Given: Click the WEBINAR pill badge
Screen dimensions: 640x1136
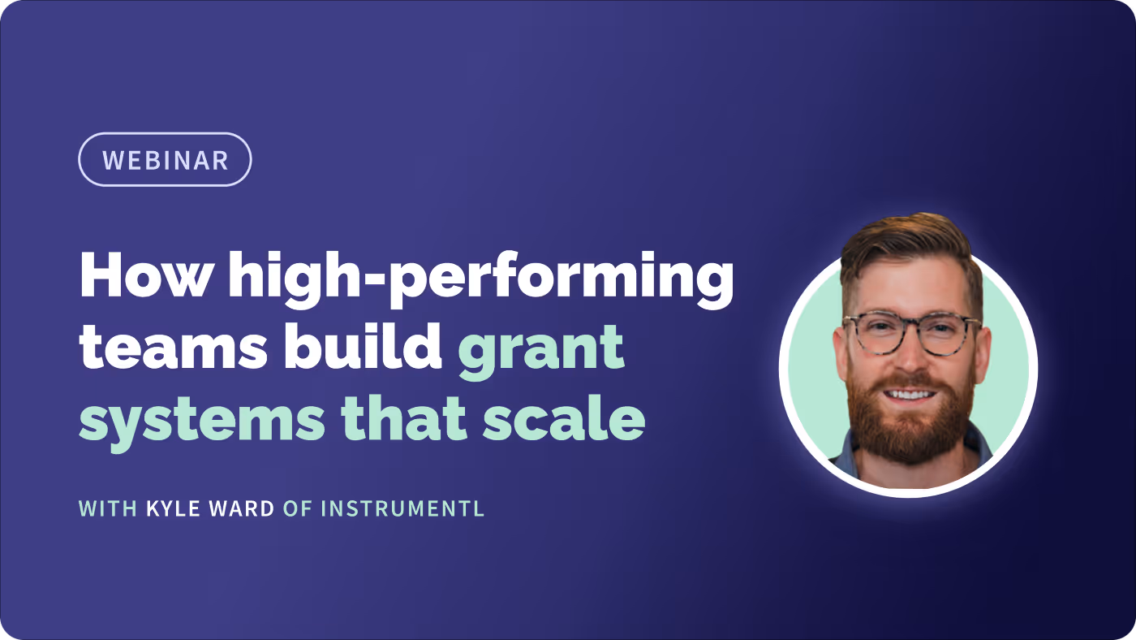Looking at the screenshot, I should (165, 159).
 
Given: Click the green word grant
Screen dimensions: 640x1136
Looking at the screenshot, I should (541, 349).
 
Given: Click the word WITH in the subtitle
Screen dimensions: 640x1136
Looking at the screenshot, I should (108, 509).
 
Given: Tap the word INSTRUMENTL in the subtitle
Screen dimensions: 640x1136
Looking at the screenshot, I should (402, 509).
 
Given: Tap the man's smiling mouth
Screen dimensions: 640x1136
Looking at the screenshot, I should (909, 396).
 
